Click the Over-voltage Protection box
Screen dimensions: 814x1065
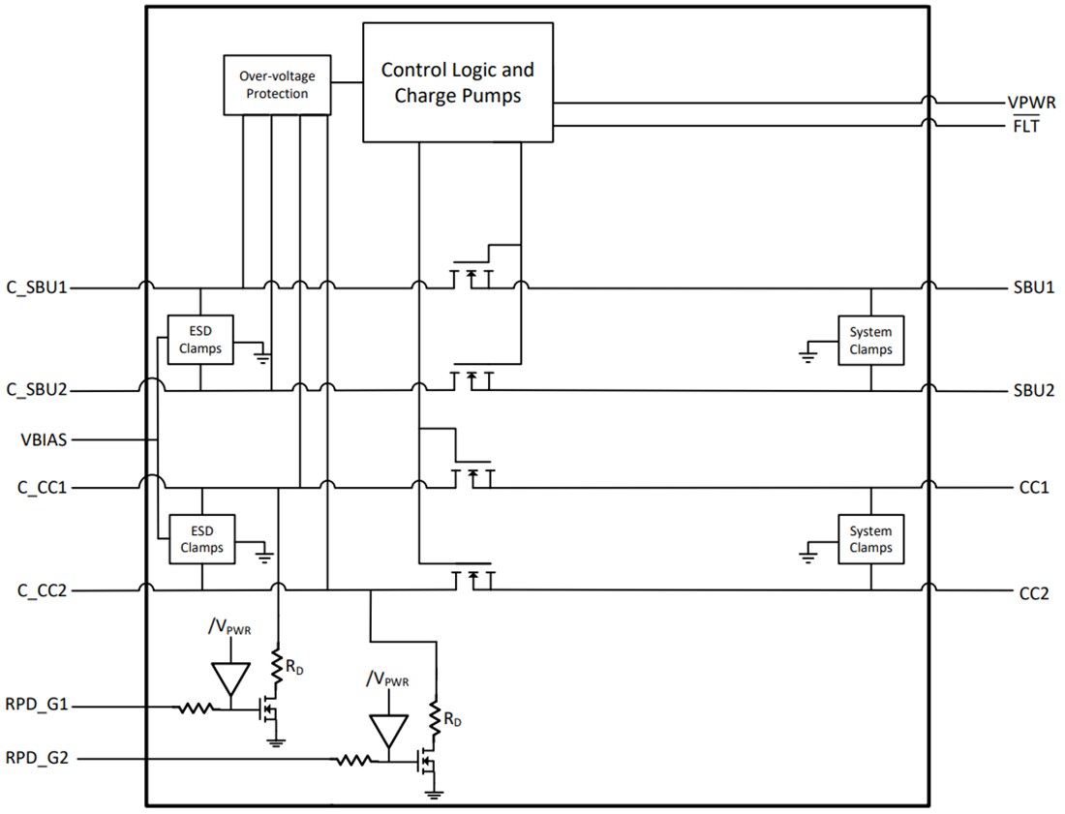277,84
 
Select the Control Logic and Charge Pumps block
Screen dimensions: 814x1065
457,83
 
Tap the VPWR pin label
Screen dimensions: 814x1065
1031,103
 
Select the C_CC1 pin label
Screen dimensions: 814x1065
40,488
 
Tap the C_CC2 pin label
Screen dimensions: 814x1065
40,590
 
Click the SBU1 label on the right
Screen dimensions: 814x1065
1034,288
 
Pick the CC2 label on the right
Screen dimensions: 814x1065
1034,593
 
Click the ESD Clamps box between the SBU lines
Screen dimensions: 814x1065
201,340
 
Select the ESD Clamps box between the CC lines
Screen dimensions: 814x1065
201,539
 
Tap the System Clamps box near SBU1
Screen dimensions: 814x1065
870,340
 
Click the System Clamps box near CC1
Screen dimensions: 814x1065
870,539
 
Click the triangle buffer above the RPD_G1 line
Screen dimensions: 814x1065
231,678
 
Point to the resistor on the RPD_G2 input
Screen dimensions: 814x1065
354,761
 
